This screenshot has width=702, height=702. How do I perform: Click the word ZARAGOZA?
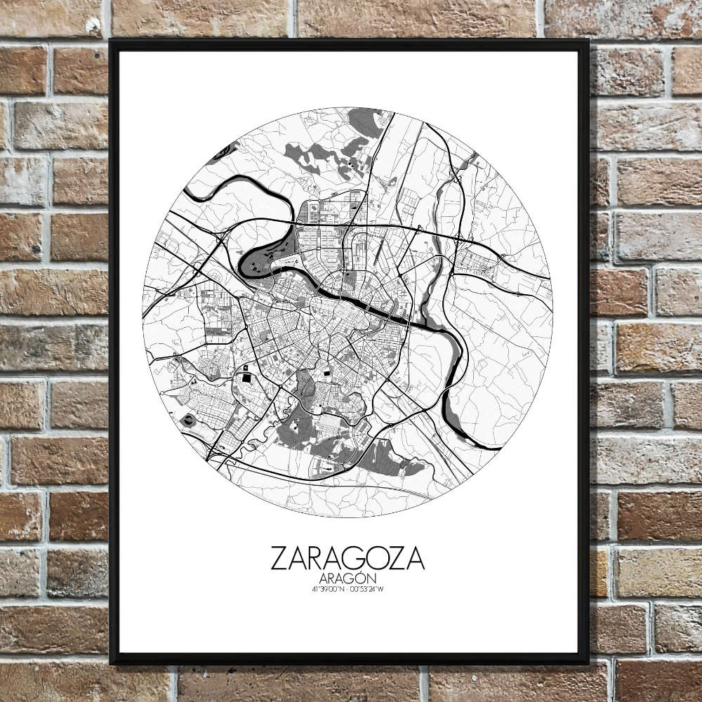pyautogui.click(x=347, y=559)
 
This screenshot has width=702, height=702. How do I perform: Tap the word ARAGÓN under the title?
pyautogui.click(x=347, y=578)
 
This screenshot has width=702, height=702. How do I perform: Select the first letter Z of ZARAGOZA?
pyautogui.click(x=279, y=559)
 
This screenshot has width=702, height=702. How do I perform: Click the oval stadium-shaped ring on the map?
pyautogui.click(x=188, y=420)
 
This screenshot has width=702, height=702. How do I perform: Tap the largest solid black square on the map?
pyautogui.click(x=246, y=379)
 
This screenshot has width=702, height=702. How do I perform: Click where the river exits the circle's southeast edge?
pyautogui.click(x=491, y=447)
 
